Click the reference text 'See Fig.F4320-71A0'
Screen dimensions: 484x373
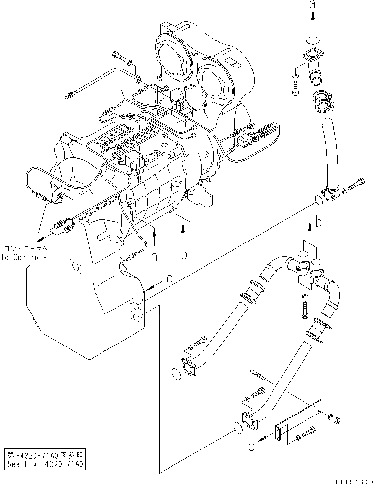[x=46, y=464]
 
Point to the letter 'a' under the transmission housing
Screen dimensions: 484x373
[x=155, y=256]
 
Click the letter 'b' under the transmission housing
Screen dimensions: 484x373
[x=183, y=255]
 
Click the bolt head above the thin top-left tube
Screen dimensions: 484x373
[x=116, y=54]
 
